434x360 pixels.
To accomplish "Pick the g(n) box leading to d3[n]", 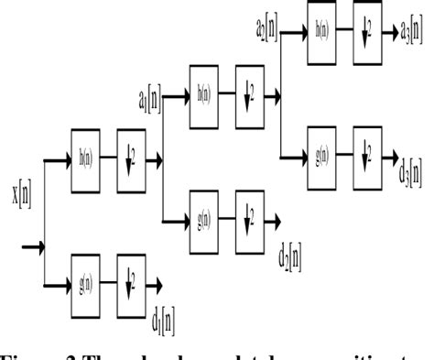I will pyautogui.click(x=323, y=156).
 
